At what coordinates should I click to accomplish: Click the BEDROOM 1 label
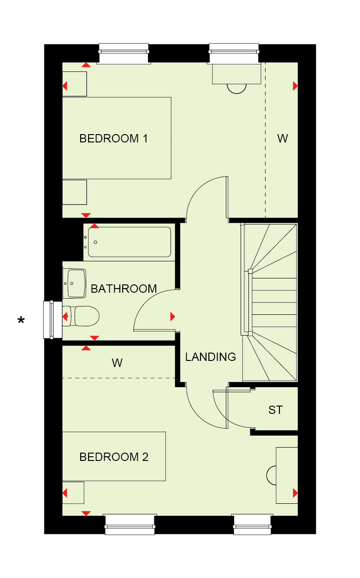point(113,139)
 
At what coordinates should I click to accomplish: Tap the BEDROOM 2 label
point(114,457)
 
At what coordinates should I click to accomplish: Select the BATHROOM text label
point(124,289)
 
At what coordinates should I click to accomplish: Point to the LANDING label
point(210,357)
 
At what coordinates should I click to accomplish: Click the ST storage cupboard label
point(275,410)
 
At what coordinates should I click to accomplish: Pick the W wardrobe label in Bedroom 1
point(283,139)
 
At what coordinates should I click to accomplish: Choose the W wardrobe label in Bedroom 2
point(117,363)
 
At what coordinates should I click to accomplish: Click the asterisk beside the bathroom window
point(21,320)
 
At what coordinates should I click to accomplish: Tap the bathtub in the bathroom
point(129,242)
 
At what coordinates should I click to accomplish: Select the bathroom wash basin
point(74,283)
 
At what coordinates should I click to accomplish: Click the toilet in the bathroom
point(81,316)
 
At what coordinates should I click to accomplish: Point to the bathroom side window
point(53,319)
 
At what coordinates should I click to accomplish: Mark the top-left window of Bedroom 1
point(124,53)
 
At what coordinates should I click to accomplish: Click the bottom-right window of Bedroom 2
point(252,524)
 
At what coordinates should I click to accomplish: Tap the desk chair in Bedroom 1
point(236,88)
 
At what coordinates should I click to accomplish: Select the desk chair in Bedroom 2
point(271,475)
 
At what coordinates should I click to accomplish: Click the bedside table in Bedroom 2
point(73,493)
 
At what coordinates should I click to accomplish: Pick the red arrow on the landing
point(173,316)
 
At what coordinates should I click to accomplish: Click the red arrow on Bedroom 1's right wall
point(295,86)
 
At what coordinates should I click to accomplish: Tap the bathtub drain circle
point(95,242)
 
